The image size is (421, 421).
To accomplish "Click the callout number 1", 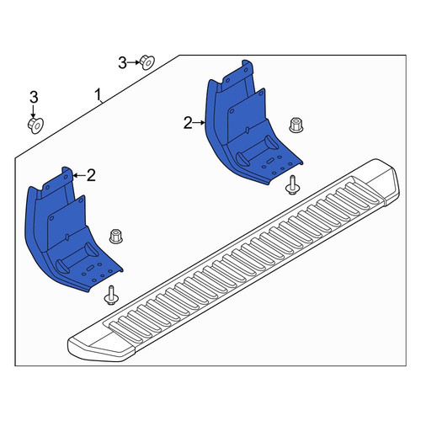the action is pos(98,95).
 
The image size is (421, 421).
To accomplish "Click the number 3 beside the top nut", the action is pos(122,63).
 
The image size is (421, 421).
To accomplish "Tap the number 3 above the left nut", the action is pos(34,98).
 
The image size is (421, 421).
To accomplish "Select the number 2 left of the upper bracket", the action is pos(188,123).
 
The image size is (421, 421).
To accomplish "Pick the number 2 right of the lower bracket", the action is pos(91,175).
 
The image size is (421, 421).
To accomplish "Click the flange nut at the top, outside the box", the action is pos(147,62).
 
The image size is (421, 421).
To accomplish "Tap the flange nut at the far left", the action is pos(35,125).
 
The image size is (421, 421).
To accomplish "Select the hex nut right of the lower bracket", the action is pos(115,236).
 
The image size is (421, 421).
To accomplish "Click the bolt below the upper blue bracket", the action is pos(292,185).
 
